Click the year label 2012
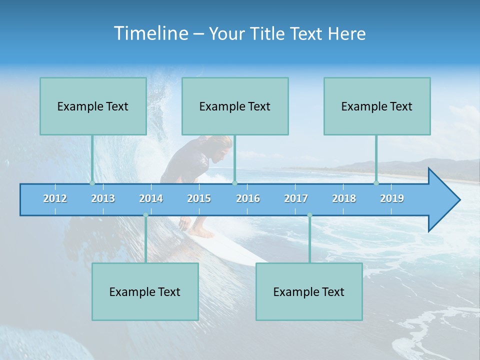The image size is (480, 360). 55,198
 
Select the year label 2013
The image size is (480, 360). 103,198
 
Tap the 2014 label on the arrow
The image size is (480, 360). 151,198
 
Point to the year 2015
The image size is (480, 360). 199,198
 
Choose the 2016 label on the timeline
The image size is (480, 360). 248,198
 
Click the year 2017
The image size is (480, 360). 296,198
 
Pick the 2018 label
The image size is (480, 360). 344,198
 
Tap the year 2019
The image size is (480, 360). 392,198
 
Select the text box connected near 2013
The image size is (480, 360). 93,106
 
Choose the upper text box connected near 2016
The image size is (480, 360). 235,106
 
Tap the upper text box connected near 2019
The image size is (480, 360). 377,106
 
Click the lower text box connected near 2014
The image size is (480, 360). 145,291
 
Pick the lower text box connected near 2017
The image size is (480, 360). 309,291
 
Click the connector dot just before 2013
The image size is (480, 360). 92,183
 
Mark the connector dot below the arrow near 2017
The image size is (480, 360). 309,215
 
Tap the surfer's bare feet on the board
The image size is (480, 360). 202,233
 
